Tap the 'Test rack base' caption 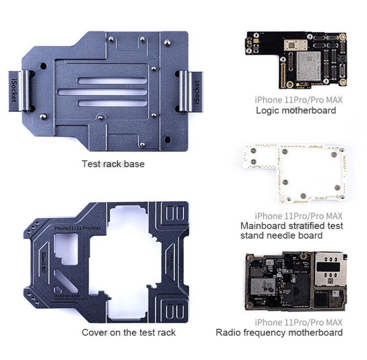click(113, 164)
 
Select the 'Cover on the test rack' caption click(128, 333)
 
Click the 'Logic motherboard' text click(296, 110)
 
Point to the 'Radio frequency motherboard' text click(279, 333)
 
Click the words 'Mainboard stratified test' click(292, 225)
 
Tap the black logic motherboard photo click(295, 60)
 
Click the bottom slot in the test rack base click(116, 102)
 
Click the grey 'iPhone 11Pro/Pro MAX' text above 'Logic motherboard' click(298, 99)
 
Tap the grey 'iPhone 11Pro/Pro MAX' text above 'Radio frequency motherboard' click(298, 322)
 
